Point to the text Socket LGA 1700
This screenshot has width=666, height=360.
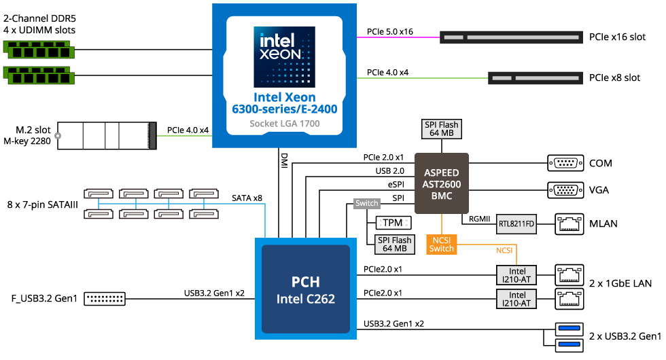[x=284, y=124]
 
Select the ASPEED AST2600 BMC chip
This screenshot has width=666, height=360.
[x=441, y=183]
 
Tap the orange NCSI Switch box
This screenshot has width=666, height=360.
[x=441, y=244]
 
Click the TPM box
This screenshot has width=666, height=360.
[x=393, y=223]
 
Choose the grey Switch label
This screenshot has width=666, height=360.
[x=367, y=203]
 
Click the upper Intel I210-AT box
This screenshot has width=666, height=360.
[x=516, y=274]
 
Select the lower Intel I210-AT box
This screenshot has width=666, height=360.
[x=516, y=298]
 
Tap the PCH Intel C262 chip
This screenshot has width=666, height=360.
[x=305, y=289]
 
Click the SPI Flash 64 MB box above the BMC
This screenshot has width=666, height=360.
[x=441, y=129]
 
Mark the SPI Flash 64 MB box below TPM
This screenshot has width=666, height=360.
[x=395, y=245]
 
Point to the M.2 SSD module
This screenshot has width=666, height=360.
[x=105, y=135]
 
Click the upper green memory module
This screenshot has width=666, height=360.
[x=39, y=50]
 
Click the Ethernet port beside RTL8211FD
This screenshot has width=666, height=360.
[x=569, y=223]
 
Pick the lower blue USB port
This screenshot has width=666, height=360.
[x=569, y=345]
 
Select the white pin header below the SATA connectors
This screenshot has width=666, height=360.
[x=105, y=298]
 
